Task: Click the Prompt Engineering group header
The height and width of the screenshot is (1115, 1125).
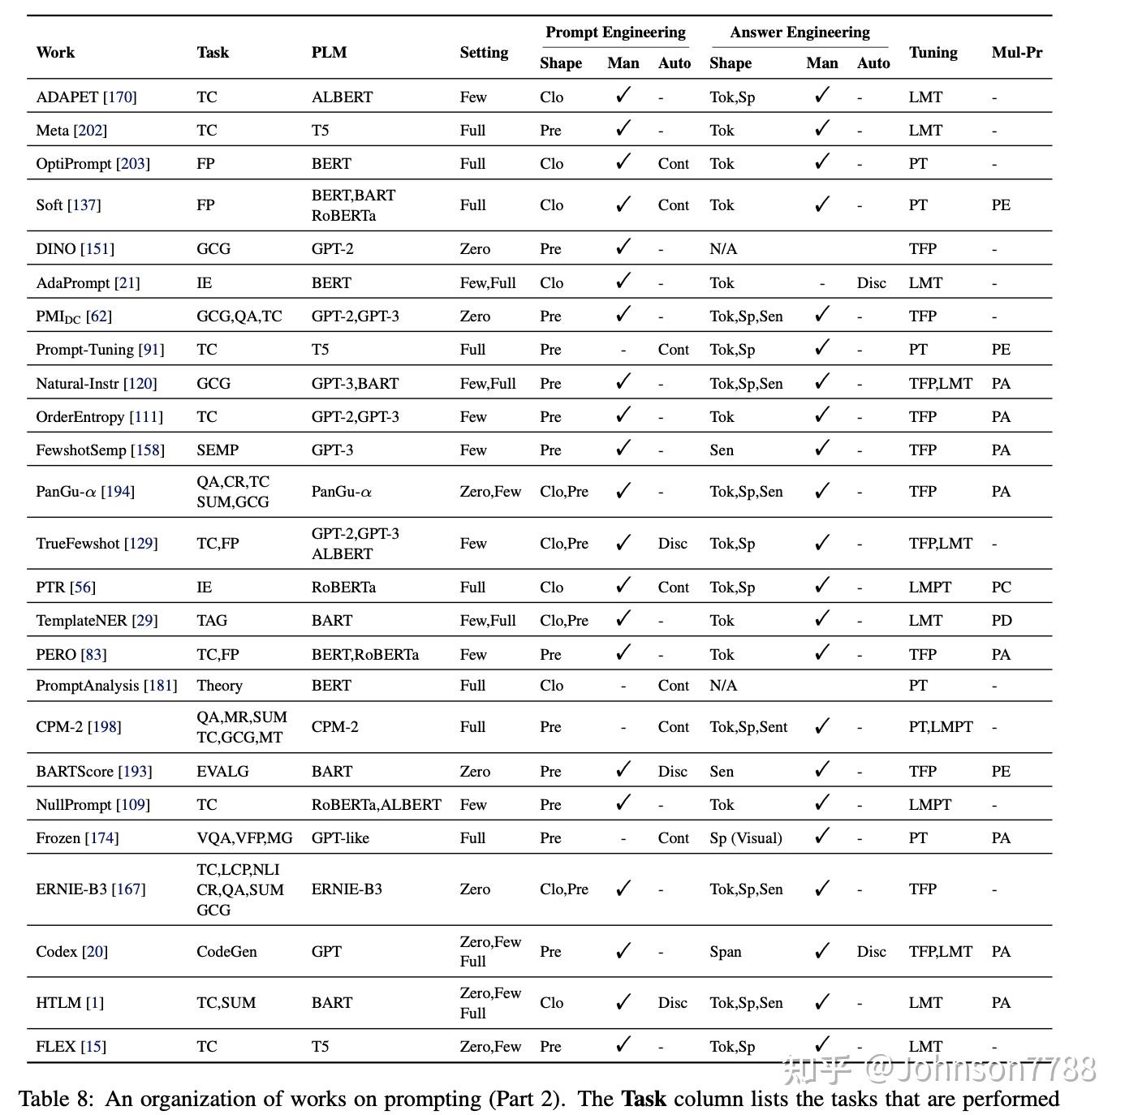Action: coord(615,32)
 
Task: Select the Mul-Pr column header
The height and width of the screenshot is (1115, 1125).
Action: coord(1016,53)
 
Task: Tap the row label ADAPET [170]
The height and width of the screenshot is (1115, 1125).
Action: coord(86,97)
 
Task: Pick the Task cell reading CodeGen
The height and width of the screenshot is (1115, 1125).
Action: coord(226,952)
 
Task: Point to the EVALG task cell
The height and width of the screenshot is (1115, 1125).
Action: coord(222,772)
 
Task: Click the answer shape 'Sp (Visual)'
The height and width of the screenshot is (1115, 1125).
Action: coord(745,838)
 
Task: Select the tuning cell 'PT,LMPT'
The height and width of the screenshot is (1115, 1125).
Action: coord(940,727)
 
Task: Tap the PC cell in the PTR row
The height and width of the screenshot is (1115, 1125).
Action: coord(1001,588)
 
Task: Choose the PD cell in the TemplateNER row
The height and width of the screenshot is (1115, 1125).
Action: coord(1002,621)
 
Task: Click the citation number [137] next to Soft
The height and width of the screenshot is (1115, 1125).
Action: coord(84,205)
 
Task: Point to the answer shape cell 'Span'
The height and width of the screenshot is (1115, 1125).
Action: coord(725,952)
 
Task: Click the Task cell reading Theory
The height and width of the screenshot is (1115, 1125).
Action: coord(219,686)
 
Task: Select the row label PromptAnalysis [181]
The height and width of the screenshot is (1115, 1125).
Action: coord(106,686)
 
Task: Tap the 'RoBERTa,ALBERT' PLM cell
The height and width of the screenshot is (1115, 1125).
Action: coord(376,805)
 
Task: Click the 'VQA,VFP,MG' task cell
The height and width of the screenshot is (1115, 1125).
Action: coord(244,838)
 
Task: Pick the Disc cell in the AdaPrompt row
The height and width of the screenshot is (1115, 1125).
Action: coord(871,283)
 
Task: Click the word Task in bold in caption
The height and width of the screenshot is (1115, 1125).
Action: coord(643,1100)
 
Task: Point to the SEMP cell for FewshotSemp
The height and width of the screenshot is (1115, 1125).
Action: coord(218,450)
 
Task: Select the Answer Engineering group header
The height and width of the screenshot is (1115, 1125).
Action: coord(800,32)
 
